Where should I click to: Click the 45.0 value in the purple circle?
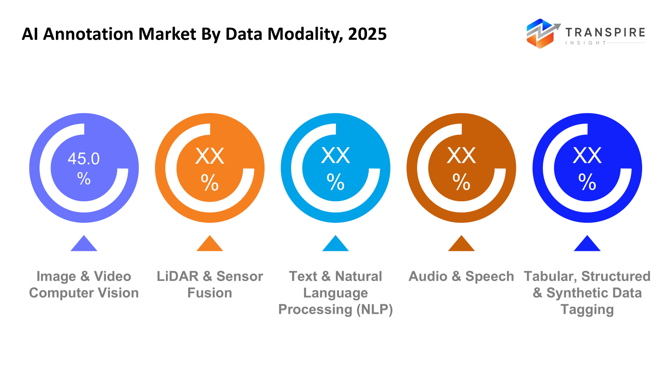pos(84,159)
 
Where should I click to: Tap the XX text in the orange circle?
pos(210,156)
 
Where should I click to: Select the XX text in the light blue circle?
pos(336,156)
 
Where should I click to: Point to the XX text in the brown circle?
pos(461,156)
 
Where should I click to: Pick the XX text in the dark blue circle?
pos(587,156)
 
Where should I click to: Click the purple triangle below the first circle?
pos(84,245)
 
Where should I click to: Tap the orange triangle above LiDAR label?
pos(210,245)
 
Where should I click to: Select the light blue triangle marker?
pos(336,245)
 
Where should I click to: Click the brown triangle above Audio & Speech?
pos(461,245)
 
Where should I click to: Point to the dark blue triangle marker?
pos(587,245)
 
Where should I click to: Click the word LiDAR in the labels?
pos(177,276)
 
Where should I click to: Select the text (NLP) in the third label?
pos(374,310)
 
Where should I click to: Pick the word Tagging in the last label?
pos(587,310)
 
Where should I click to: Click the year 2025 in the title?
pos(367,34)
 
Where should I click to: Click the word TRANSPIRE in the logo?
pos(605,33)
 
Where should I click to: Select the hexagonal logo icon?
pos(540,33)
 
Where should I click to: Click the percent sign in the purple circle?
pos(84,179)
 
